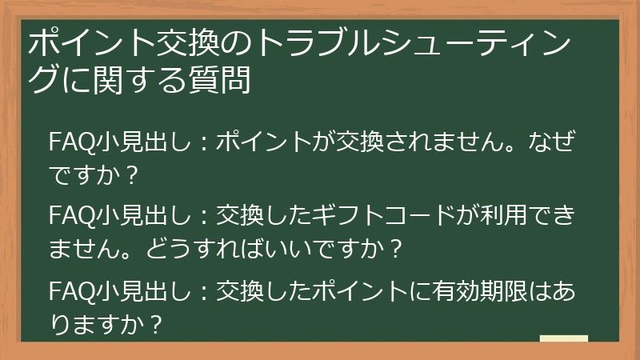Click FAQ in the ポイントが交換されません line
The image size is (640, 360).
click(x=66, y=142)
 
